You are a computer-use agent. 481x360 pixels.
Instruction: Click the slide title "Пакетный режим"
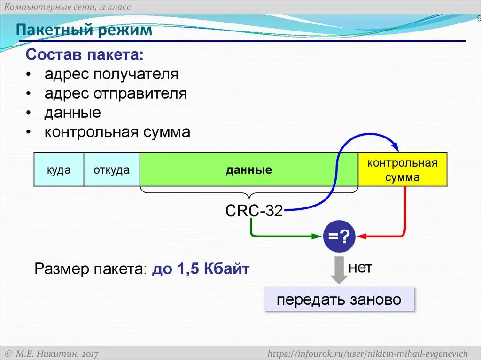pyautogui.click(x=85, y=31)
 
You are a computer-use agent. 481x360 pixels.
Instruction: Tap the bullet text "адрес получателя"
pyautogui.click(x=111, y=74)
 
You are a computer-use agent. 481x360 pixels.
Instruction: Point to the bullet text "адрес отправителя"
pyautogui.click(x=116, y=93)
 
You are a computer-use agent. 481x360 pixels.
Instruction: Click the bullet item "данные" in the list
pyautogui.click(x=73, y=113)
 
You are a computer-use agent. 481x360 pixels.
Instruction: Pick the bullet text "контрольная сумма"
pyautogui.click(x=117, y=132)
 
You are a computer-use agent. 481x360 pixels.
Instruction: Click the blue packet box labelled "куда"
pyautogui.click(x=59, y=169)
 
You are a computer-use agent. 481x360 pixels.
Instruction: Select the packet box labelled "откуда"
pyautogui.click(x=111, y=169)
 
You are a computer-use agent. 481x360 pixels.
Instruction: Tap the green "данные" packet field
pyautogui.click(x=248, y=169)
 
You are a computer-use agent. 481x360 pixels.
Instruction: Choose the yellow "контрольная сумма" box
pyautogui.click(x=403, y=169)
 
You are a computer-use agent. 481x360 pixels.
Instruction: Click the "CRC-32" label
pyautogui.click(x=254, y=211)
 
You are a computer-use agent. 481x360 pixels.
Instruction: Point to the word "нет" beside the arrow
pyautogui.click(x=360, y=268)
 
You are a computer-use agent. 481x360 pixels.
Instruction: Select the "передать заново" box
pyautogui.click(x=339, y=299)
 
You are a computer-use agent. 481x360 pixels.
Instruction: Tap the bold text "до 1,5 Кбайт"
pyautogui.click(x=201, y=269)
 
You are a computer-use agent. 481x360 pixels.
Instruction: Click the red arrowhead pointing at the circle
pyautogui.click(x=362, y=236)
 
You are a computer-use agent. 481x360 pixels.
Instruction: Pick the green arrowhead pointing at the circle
pyautogui.click(x=317, y=236)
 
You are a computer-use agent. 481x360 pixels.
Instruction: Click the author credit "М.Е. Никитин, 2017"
pyautogui.click(x=51, y=353)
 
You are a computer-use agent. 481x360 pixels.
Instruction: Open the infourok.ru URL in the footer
pyautogui.click(x=368, y=353)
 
